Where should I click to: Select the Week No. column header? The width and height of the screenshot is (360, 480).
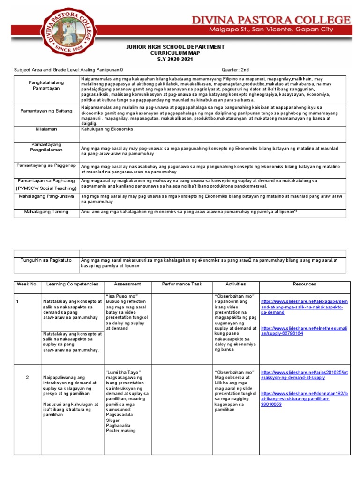(27, 284)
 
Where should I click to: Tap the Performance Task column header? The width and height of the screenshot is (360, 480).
(181, 284)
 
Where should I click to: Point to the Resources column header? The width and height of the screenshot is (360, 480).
(304, 284)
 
